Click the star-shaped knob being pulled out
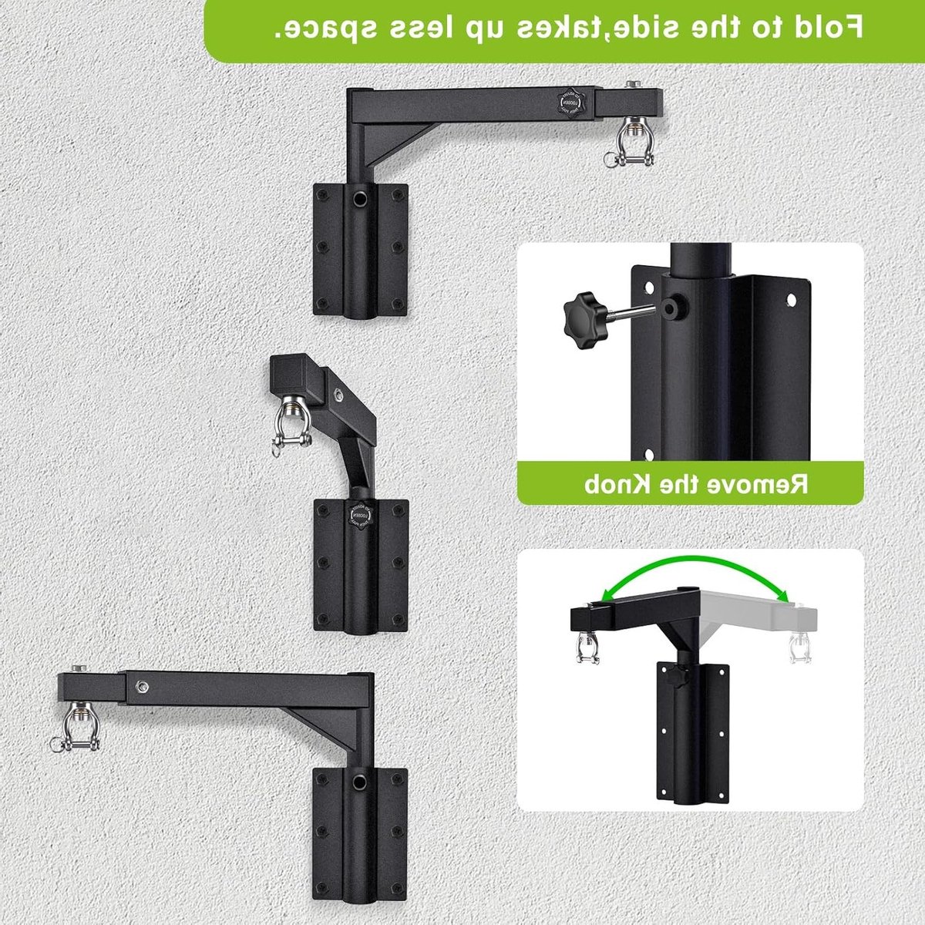(584, 320)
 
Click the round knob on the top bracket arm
(571, 103)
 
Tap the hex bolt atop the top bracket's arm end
(633, 85)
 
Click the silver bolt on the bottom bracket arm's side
(141, 687)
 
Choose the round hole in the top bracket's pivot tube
(358, 198)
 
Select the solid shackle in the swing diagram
(588, 648)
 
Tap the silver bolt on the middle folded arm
(339, 395)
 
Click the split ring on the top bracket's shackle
(610, 160)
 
